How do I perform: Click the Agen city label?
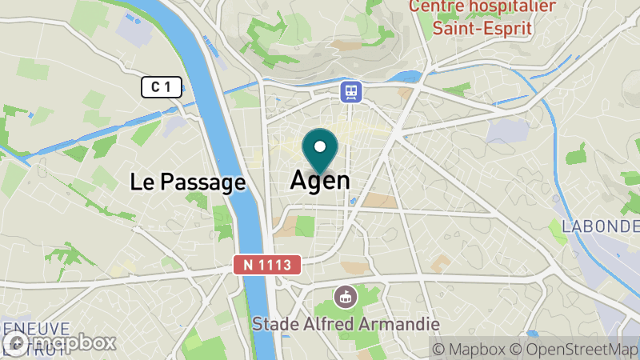(320, 180)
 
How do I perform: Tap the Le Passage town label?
(187, 182)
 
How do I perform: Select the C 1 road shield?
(162, 87)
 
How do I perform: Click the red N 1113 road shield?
(268, 264)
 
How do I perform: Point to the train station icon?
(350, 91)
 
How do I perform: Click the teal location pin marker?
(320, 151)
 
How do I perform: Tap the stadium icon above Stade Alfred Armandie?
(345, 296)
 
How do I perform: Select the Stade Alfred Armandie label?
(346, 324)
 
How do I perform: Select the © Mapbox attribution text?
(471, 349)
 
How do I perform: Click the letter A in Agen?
(298, 180)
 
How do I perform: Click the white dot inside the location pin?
(320, 146)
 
